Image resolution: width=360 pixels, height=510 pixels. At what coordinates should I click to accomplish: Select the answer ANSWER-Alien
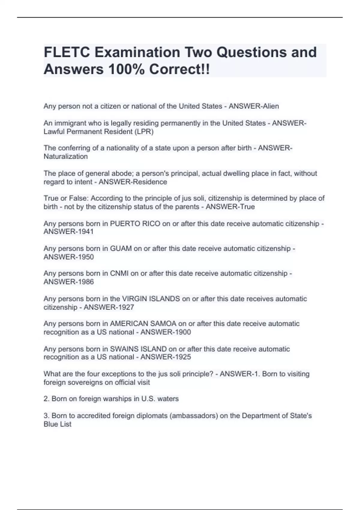point(254,106)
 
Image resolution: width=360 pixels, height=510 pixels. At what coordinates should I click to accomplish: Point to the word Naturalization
point(66,157)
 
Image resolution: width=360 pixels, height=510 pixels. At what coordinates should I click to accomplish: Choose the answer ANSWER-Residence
point(133,182)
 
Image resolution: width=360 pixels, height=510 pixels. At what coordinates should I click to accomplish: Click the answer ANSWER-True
point(230,207)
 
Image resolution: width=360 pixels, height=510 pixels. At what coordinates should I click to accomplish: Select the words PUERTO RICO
point(135,224)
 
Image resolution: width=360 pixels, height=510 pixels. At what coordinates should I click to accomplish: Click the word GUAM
point(121,249)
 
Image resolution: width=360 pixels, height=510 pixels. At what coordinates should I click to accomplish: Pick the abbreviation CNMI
point(119,273)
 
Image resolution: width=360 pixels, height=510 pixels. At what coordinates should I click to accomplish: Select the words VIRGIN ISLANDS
point(151,299)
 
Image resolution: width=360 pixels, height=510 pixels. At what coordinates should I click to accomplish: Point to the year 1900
point(182,332)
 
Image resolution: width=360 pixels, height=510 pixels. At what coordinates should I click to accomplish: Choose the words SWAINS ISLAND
point(138,349)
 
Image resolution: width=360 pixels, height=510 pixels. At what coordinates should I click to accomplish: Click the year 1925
point(182,357)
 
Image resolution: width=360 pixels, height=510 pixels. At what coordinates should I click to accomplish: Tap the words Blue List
point(58,424)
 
